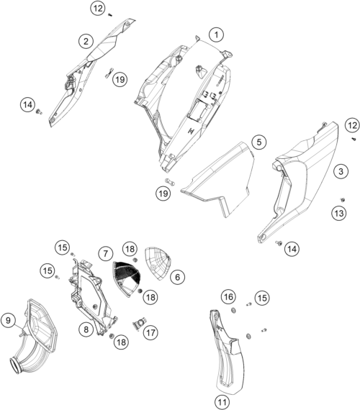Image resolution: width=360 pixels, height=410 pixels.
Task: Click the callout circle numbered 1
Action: (x=216, y=35)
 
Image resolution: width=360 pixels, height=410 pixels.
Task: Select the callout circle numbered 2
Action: (x=86, y=41)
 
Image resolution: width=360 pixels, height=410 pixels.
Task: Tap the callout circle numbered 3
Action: (x=341, y=171)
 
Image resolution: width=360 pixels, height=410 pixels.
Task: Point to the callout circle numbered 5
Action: (x=259, y=142)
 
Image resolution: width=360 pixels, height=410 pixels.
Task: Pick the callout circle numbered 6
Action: (x=178, y=277)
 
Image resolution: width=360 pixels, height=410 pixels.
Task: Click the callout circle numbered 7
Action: (x=106, y=254)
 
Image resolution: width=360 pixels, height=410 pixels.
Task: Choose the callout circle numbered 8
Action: (x=86, y=329)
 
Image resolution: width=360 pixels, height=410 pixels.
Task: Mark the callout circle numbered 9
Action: (x=8, y=320)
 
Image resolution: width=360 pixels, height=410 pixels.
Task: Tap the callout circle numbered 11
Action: (x=222, y=401)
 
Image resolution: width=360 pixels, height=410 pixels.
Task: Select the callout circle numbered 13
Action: (x=339, y=214)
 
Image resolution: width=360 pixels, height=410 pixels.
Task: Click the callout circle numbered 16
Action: (x=228, y=297)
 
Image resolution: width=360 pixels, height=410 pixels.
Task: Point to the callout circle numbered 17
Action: (x=150, y=333)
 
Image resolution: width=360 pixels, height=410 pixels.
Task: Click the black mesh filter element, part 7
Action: (x=127, y=273)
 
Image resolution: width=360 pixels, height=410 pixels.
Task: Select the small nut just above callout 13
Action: (x=342, y=200)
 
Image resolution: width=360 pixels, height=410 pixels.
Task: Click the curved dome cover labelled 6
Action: (x=158, y=263)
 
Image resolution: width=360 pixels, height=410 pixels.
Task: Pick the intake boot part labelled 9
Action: (x=32, y=337)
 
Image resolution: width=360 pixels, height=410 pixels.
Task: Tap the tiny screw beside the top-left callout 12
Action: (x=110, y=15)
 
